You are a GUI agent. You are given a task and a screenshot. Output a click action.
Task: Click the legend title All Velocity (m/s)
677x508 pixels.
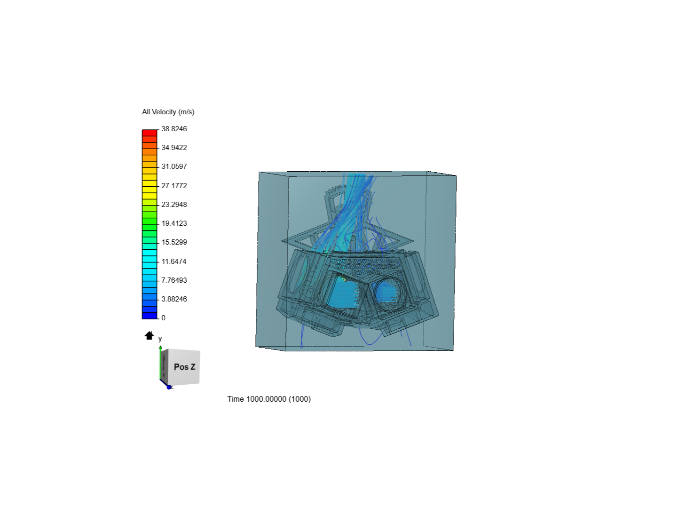click(168, 112)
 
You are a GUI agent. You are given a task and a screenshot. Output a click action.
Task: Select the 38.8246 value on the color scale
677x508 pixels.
click(174, 129)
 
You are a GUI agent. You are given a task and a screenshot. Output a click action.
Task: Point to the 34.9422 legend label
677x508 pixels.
click(174, 148)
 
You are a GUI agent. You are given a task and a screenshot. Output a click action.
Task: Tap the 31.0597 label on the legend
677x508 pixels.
click(174, 167)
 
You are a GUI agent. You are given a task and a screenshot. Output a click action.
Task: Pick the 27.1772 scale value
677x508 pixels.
click(174, 186)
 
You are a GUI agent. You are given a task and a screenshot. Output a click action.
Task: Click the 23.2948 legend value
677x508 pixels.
click(174, 205)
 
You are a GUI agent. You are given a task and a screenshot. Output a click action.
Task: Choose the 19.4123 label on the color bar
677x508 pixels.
click(174, 223)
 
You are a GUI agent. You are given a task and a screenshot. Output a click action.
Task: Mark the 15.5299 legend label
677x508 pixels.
click(174, 242)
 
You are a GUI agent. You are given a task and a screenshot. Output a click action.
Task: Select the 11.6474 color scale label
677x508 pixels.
click(174, 262)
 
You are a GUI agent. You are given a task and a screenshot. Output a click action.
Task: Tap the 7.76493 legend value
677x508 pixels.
click(174, 280)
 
